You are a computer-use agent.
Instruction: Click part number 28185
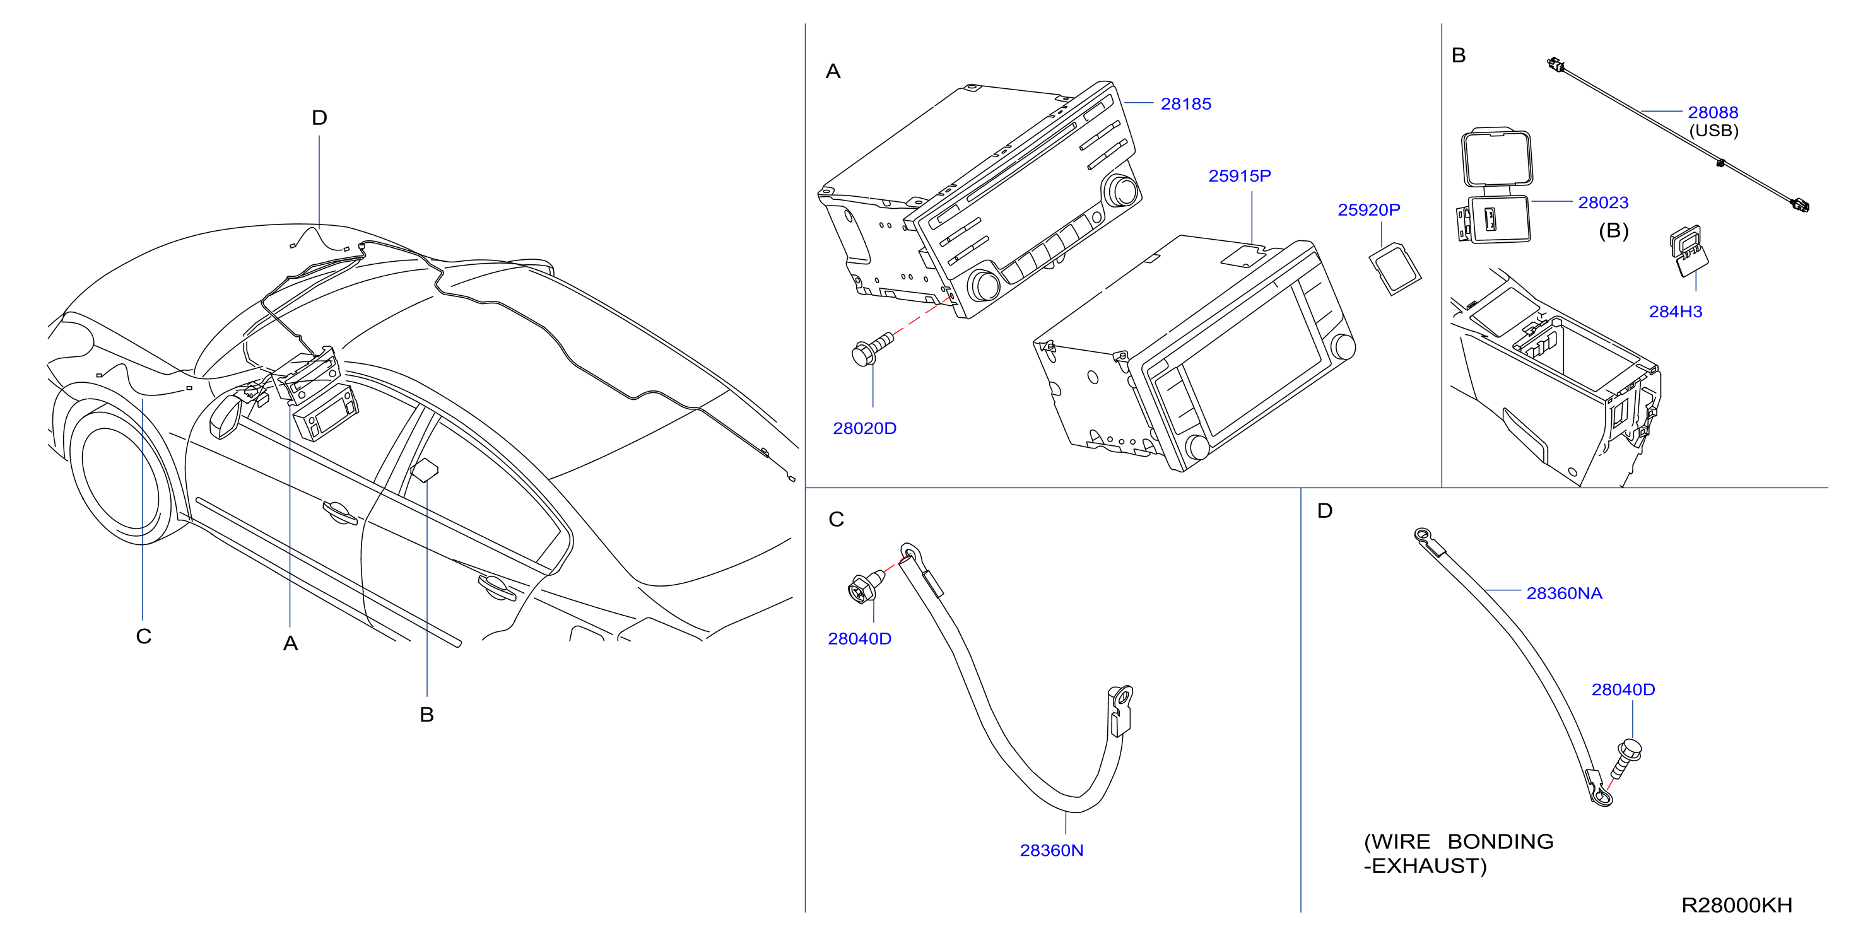[x=1185, y=104]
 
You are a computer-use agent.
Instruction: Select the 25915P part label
[x=1240, y=176]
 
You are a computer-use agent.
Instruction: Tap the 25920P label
[x=1368, y=209]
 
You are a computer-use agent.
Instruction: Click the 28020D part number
[x=865, y=428]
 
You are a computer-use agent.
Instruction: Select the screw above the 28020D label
[x=871, y=349]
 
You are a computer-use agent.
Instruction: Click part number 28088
[x=1713, y=112]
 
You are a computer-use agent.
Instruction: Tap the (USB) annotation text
[x=1713, y=131]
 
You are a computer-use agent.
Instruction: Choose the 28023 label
[x=1603, y=202]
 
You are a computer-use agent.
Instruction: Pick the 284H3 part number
[x=1675, y=312]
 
